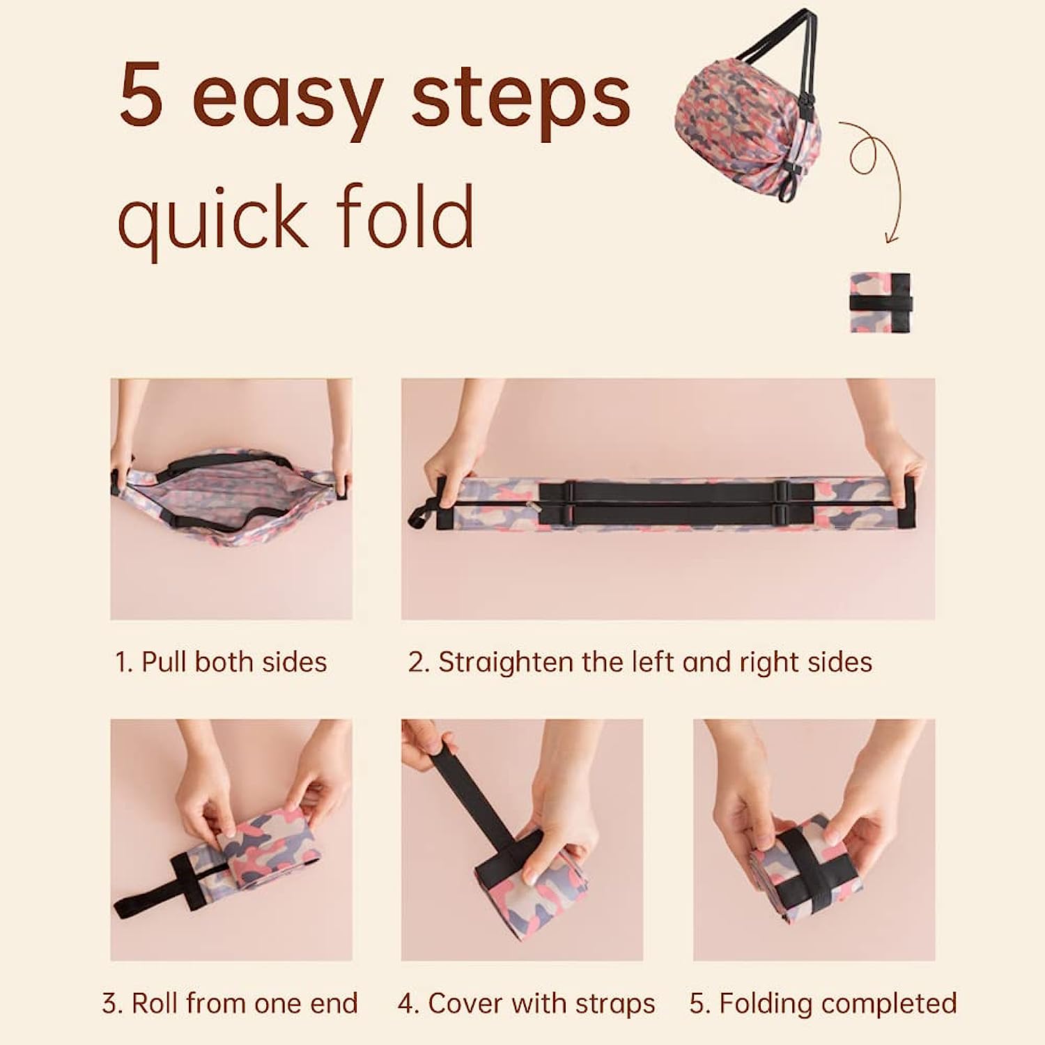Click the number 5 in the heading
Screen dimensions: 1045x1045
(142, 95)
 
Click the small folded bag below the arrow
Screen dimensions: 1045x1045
(880, 302)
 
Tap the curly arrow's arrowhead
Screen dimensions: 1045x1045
(890, 238)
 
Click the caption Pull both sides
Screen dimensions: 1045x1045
(221, 662)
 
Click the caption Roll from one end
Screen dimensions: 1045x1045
(230, 1004)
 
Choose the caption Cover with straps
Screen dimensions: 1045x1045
(527, 1004)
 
